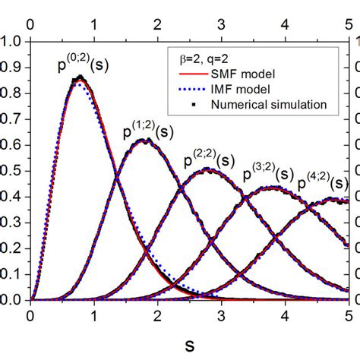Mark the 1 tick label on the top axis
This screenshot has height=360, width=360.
[93, 25]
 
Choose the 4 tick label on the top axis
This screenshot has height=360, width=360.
[285, 25]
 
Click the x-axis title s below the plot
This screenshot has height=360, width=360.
[188, 344]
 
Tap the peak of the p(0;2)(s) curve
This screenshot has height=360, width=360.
[78, 78]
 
